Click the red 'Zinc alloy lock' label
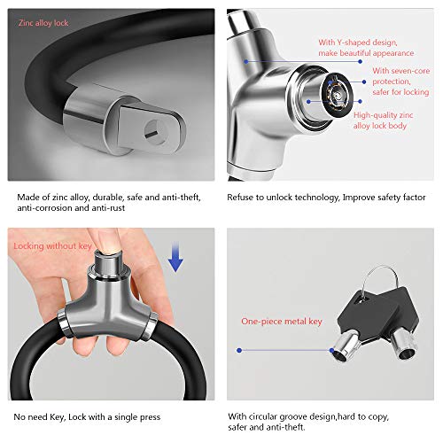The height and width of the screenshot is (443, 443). (x=43, y=23)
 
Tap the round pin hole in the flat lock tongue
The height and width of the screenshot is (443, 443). (x=155, y=132)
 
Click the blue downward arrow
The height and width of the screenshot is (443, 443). (x=175, y=256)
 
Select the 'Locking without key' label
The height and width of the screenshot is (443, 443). (x=53, y=246)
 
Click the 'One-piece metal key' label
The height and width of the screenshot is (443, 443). (x=282, y=322)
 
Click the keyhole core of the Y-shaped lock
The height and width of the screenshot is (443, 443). (x=337, y=95)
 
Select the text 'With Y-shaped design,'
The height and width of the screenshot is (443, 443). (x=358, y=43)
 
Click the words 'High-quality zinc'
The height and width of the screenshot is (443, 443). (x=383, y=115)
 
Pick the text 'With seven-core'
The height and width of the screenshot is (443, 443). (x=400, y=71)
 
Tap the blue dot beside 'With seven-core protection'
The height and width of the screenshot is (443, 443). (x=364, y=82)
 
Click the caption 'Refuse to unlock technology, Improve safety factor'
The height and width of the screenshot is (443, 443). (x=326, y=198)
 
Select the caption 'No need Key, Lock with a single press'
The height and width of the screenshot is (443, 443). (x=87, y=417)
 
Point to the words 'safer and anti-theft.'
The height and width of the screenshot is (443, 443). (x=267, y=427)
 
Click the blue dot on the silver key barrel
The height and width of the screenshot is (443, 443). (x=332, y=350)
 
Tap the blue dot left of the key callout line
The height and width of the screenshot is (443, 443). (x=239, y=350)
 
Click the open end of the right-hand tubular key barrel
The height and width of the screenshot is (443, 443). (x=407, y=354)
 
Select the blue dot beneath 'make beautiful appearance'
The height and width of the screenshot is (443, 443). (x=360, y=61)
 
